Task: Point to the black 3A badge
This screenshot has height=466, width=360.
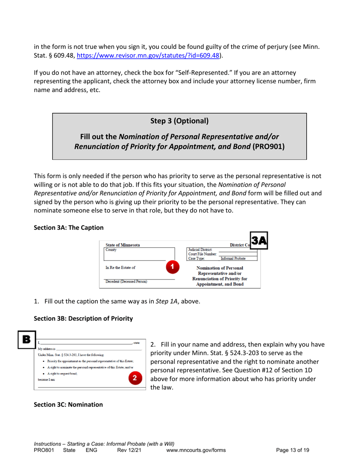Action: click(258, 242)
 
